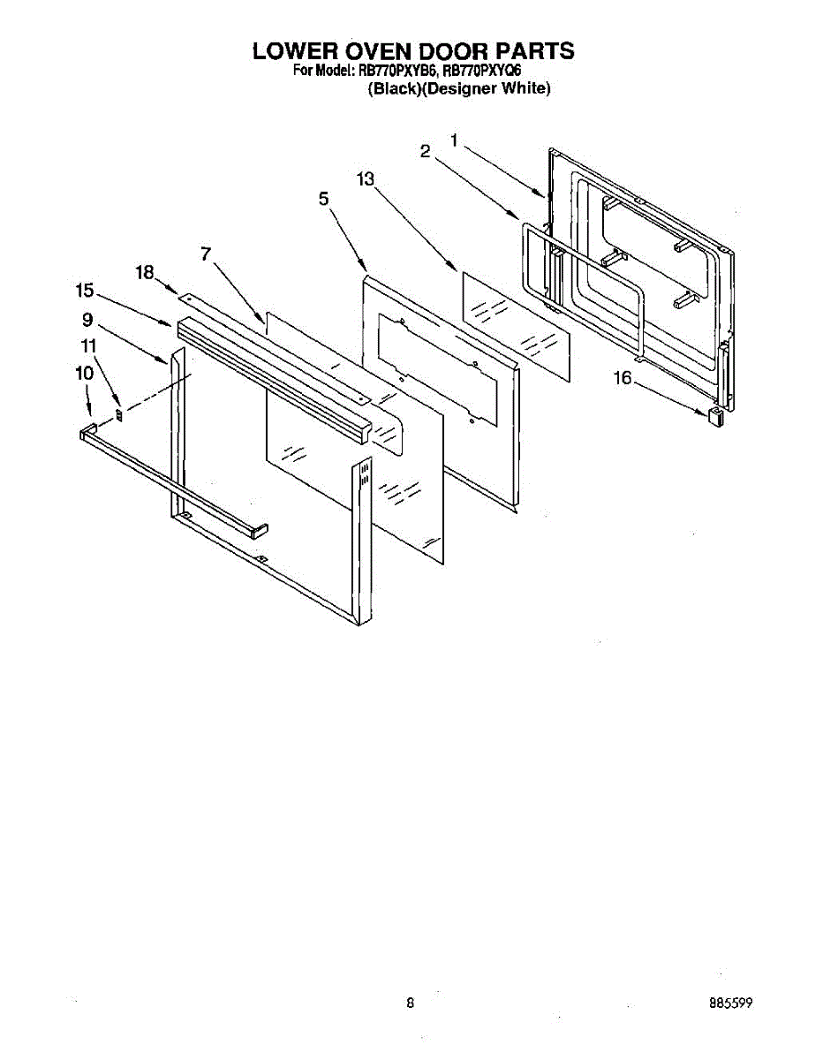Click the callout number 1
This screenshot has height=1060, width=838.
coord(454,140)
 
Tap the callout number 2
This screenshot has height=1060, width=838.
coord(426,152)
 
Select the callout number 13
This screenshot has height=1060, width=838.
coord(366,179)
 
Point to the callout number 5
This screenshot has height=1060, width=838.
coord(324,201)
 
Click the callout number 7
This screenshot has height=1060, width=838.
coord(206,254)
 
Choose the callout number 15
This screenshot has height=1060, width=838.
coord(85,290)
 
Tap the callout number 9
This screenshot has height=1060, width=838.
coord(87,321)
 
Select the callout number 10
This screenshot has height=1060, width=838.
coord(84,373)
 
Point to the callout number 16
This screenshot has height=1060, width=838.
coord(623,378)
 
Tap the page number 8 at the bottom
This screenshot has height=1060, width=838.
coord(411,1003)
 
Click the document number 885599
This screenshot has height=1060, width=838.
coord(730,1003)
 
